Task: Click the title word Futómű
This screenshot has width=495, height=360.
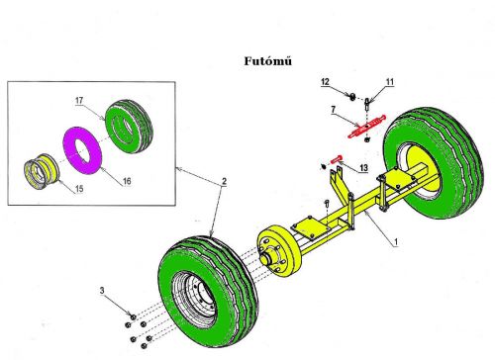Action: point(268,61)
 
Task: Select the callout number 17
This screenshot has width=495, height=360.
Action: point(79,100)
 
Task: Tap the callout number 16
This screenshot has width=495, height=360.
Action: point(127,181)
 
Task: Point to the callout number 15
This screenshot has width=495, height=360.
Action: point(79,189)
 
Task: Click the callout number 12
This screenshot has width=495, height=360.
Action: point(325,82)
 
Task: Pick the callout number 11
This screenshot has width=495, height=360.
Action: point(390,82)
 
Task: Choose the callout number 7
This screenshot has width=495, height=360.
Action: point(334,109)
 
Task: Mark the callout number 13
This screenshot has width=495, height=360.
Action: point(363,168)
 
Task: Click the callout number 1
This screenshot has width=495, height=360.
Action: point(396,242)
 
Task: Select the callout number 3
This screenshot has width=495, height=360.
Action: point(102,290)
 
